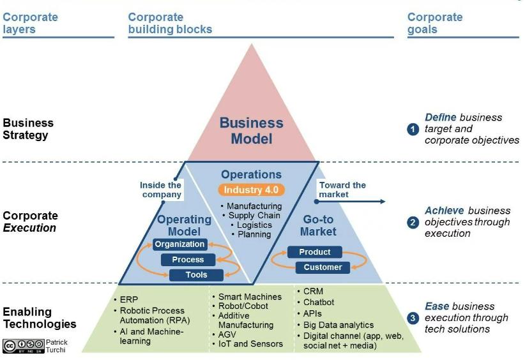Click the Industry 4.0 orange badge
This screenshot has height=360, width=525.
tap(251, 190)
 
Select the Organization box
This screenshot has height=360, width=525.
tap(179, 244)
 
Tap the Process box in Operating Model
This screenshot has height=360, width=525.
tap(188, 260)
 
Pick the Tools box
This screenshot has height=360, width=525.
tap(197, 275)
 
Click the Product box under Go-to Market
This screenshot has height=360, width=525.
tap(314, 252)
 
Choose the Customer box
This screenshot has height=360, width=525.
tap(323, 267)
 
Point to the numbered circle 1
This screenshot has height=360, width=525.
tap(413, 129)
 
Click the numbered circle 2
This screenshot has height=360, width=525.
tap(413, 223)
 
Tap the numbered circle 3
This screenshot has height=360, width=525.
tap(413, 318)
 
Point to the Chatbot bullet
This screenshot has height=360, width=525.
tap(319, 303)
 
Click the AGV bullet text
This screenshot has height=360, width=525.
tap(228, 334)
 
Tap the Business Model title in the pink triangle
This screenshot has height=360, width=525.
tap(251, 130)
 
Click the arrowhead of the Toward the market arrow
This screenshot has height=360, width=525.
tap(383, 201)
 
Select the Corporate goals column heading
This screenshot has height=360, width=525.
tap(434, 23)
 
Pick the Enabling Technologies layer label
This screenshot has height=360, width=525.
tap(40, 318)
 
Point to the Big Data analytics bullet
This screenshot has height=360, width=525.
tap(339, 325)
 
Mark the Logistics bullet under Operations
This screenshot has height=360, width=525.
tap(254, 225)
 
